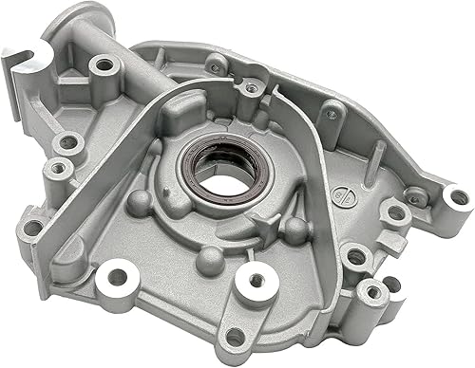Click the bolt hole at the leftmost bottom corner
(x=34, y=228)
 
